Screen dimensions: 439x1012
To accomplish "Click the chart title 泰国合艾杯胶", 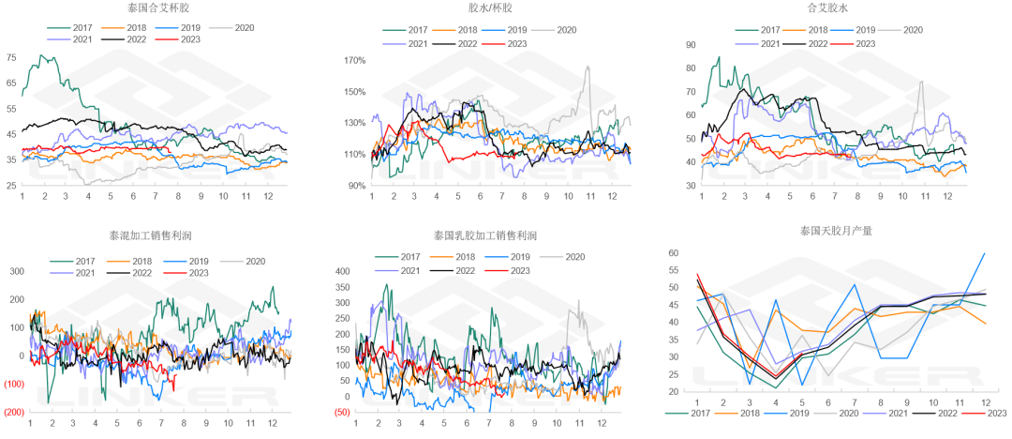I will pyautogui.click(x=155, y=8).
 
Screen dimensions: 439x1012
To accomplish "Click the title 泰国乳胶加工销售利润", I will pyautogui.click(x=485, y=235).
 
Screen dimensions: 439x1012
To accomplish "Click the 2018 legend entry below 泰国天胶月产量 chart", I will pyautogui.click(x=746, y=412).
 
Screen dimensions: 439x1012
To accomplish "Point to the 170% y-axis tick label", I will pyautogui.click(x=354, y=61).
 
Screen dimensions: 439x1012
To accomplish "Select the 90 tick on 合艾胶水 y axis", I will pyautogui.click(x=690, y=45).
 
